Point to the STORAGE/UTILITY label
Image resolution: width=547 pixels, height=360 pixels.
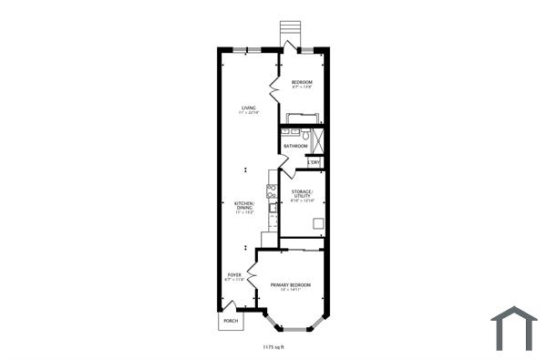302,195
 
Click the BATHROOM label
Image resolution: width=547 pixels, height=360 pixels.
294,146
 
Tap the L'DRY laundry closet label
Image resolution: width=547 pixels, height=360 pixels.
314,162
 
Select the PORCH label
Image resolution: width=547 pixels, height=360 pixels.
231,321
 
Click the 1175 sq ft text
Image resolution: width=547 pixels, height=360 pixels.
273,347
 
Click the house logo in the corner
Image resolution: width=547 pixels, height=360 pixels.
513,328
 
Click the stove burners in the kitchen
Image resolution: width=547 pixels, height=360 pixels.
271,190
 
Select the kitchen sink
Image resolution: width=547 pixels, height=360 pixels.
272,209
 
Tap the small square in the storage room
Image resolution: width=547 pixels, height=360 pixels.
317,224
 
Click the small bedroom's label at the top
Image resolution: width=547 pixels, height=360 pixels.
302,84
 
